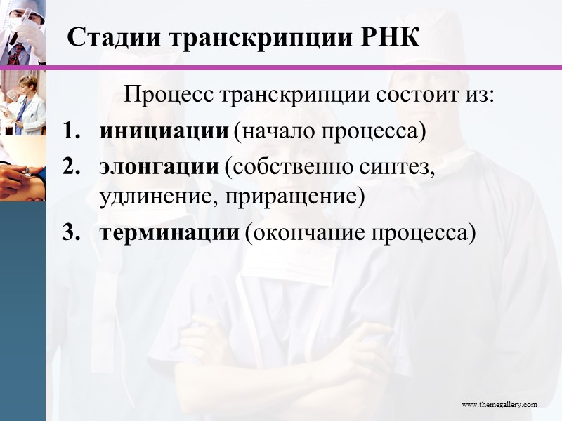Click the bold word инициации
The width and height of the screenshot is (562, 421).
[164, 132]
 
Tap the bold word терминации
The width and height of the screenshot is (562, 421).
[169, 233]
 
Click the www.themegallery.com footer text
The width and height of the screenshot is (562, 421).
[499, 404]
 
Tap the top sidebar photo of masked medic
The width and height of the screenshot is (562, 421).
[22, 32]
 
